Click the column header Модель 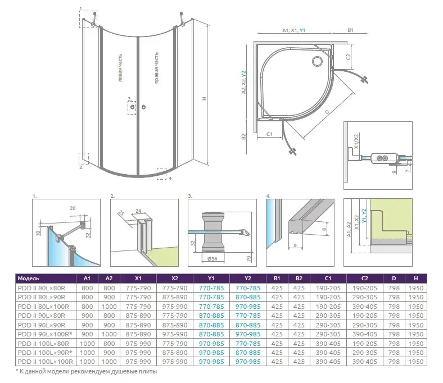(x=28, y=279)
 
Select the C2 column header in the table (x=364, y=279)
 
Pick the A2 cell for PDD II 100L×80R (x=109, y=344)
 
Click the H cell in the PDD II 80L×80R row (x=416, y=288)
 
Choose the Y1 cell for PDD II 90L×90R (x=211, y=325)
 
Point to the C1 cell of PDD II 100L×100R (x=328, y=362)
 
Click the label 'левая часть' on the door (x=120, y=68)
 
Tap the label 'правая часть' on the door (x=156, y=68)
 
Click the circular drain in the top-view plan (x=318, y=61)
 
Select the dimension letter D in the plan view (x=327, y=112)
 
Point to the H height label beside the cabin (x=204, y=98)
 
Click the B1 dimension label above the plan (x=350, y=30)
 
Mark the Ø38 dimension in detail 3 (x=212, y=259)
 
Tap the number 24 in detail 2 (x=138, y=211)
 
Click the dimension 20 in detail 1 (x=73, y=208)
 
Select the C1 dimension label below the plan (x=269, y=134)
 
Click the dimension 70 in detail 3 (x=249, y=258)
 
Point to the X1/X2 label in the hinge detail (x=356, y=141)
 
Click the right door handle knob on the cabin (x=144, y=107)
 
